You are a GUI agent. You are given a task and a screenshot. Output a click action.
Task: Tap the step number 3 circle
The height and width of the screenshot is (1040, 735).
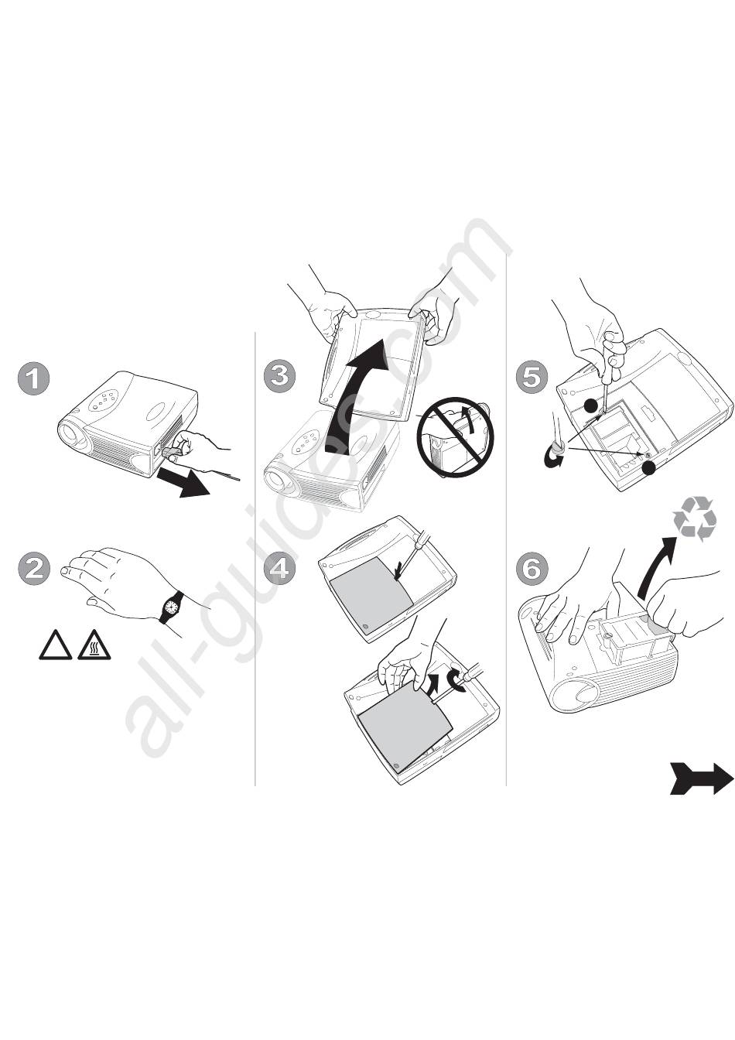(x=279, y=375)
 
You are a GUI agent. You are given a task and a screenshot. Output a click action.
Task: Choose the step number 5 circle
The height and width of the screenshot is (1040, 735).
(x=532, y=377)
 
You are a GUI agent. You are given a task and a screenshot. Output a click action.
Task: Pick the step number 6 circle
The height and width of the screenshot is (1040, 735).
(x=532, y=569)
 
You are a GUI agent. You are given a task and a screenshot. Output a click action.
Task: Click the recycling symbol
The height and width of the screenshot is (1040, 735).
(x=695, y=518)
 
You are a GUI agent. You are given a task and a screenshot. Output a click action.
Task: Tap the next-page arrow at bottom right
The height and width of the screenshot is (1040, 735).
(x=701, y=778)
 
